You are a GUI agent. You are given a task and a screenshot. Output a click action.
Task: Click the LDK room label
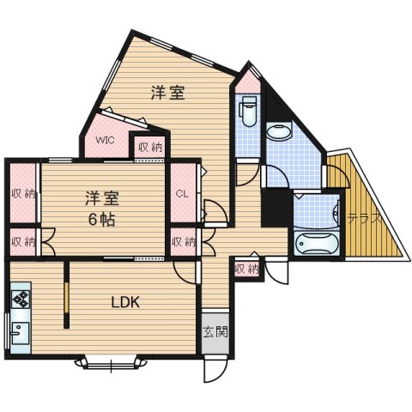[125, 301]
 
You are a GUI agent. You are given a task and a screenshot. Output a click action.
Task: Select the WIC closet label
[105, 140]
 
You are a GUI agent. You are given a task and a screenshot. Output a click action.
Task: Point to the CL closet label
[182, 193]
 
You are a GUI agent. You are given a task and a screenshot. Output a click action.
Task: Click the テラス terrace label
[364, 219]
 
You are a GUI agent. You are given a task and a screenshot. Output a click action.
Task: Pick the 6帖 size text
[102, 218]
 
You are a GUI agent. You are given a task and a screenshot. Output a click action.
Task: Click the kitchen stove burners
[19, 300]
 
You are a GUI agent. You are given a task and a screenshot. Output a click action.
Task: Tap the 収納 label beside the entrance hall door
[245, 269]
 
